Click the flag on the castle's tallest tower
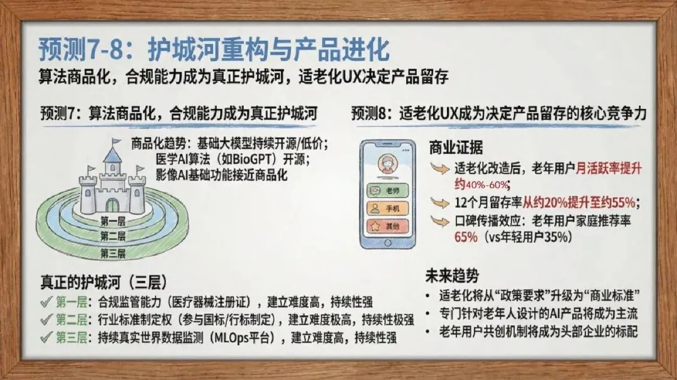(x=115, y=141)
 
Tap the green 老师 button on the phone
(x=387, y=190)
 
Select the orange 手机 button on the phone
(x=387, y=208)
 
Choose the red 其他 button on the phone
(x=387, y=226)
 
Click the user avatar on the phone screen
(x=387, y=165)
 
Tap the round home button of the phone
(x=388, y=244)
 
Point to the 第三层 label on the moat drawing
(x=113, y=253)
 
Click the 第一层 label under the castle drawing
(x=113, y=222)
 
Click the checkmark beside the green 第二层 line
(x=46, y=320)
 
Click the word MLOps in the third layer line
(x=234, y=337)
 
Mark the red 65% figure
(x=466, y=237)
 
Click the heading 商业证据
(x=456, y=148)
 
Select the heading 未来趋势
(x=452, y=276)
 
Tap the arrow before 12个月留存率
(x=440, y=202)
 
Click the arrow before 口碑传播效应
(x=440, y=221)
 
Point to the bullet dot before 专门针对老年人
(x=428, y=314)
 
